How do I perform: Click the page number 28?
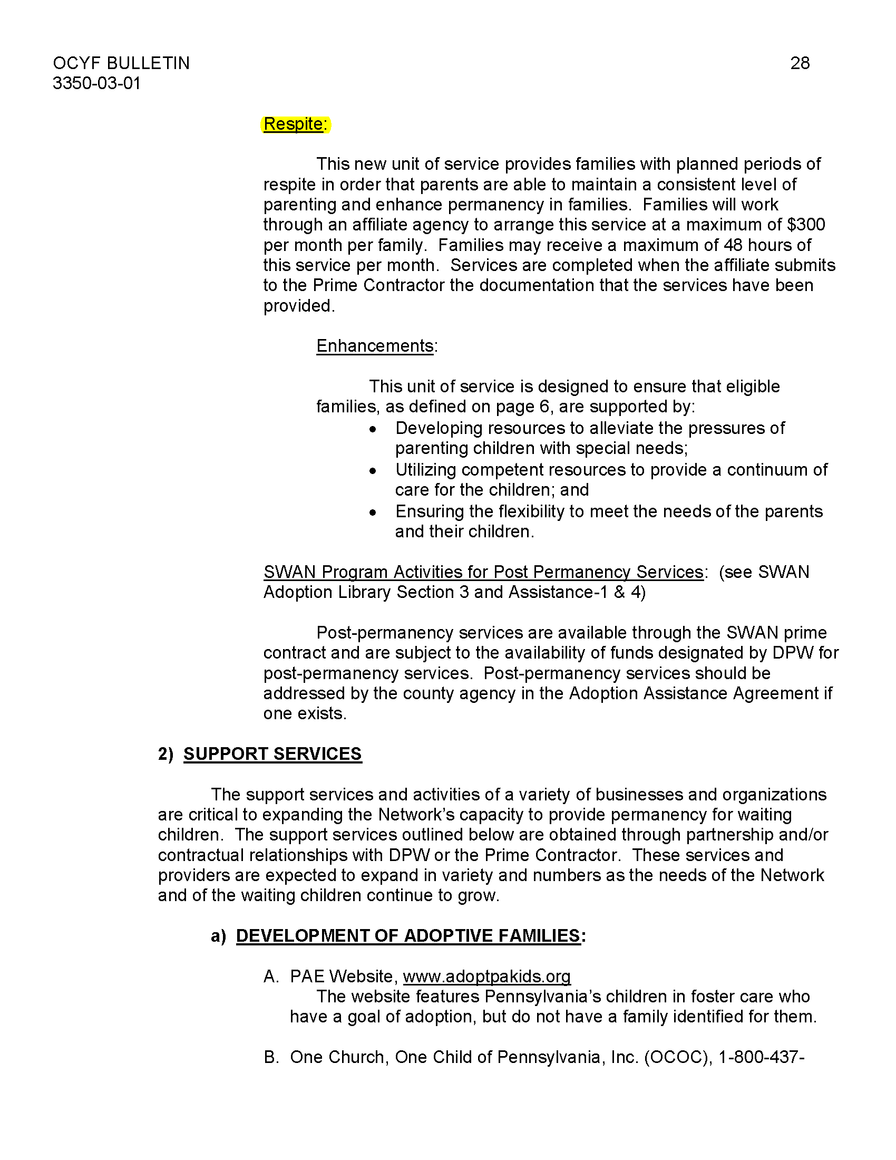pos(800,63)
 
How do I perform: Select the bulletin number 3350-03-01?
pos(96,83)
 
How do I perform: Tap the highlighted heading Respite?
pos(294,124)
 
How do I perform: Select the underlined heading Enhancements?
pos(375,346)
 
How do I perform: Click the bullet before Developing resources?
pos(373,429)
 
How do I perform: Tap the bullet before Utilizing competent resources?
pos(373,470)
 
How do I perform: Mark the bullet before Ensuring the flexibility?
pos(373,513)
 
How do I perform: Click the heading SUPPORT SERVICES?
pos(272,753)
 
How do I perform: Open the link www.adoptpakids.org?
pos(486,976)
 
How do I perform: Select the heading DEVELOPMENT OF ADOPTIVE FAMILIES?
pos(407,935)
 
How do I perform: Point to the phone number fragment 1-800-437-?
pos(761,1057)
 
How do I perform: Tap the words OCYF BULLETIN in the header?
pos(121,63)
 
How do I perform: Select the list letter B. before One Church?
pos(271,1057)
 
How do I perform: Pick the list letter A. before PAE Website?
pos(271,976)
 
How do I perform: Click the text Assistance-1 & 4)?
pos(577,592)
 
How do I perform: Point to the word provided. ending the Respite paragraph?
pos(299,306)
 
